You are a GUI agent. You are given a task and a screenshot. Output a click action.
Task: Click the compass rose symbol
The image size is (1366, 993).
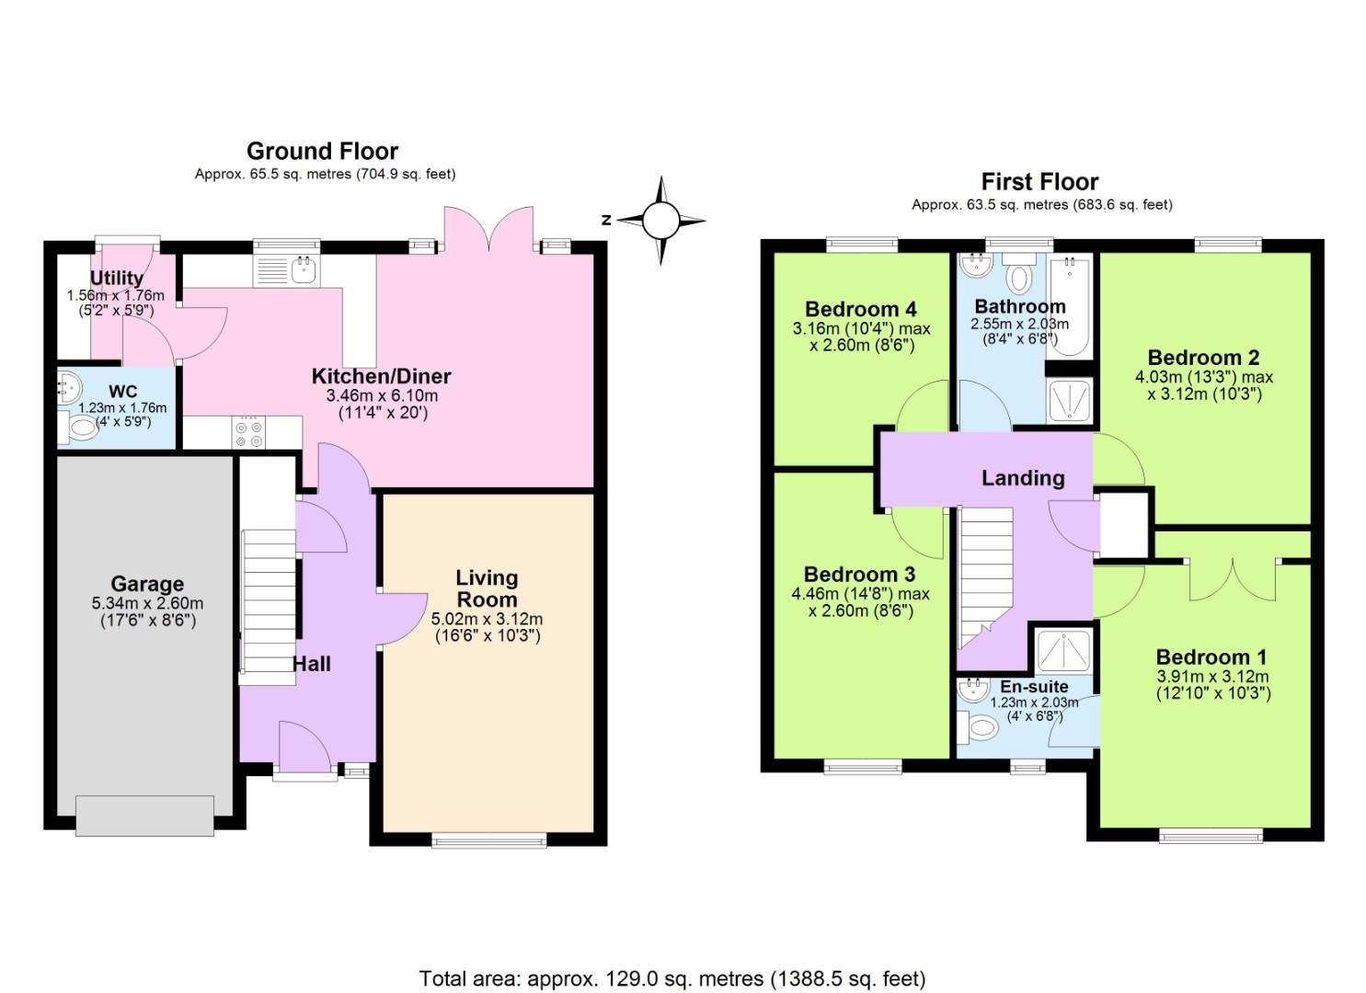660,221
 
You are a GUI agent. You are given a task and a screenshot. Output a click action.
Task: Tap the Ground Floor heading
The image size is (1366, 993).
322,151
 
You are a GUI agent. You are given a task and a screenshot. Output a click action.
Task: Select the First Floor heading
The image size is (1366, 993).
1039,181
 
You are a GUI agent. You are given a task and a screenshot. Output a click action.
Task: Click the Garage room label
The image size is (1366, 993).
147,584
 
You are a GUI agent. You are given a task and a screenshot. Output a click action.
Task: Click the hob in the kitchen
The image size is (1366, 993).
248,432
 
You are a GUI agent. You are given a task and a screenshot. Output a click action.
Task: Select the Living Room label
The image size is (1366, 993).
487,588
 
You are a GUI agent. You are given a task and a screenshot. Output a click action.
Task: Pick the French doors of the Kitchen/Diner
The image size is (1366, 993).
488,230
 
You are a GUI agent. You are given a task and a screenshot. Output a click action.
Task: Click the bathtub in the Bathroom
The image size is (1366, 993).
1069,305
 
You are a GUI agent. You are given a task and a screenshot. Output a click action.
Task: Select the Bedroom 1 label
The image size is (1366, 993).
1211,656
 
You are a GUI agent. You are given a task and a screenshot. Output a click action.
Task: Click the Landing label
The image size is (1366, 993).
1023,477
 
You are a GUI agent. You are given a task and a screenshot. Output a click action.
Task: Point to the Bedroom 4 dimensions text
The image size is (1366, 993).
861,337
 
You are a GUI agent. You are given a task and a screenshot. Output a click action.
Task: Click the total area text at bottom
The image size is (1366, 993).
672,978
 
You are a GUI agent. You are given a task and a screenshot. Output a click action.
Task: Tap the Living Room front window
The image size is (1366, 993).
488,839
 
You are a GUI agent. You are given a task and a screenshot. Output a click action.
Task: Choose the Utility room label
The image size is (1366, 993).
117,278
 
